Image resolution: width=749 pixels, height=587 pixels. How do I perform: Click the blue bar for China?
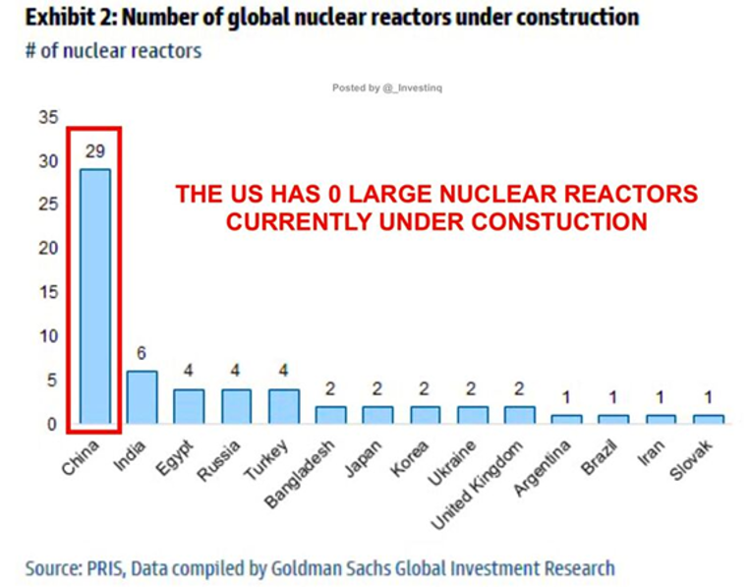tap(94, 295)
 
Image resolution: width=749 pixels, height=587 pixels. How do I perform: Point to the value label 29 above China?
tap(94, 151)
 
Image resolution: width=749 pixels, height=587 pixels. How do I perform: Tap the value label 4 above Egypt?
tap(189, 372)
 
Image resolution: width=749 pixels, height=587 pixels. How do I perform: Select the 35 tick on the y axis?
tap(47, 117)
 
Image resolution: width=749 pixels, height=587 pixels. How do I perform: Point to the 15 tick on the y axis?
tap(47, 292)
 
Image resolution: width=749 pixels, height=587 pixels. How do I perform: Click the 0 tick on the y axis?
tap(51, 424)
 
